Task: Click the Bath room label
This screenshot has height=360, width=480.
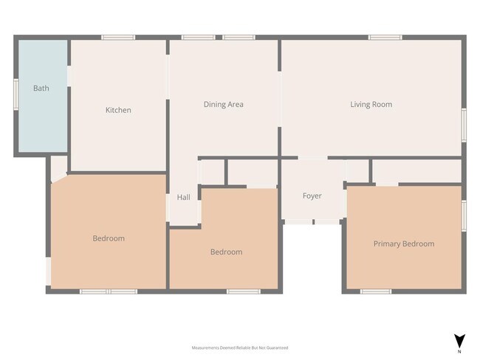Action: (x=41, y=89)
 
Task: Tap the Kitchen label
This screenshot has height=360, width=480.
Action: (x=118, y=110)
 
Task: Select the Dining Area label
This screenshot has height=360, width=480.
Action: (x=223, y=105)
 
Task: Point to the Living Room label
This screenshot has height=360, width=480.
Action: (x=371, y=105)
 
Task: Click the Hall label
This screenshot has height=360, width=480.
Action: (x=183, y=197)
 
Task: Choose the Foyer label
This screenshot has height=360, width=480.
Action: (x=312, y=196)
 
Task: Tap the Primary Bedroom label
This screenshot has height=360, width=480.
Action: (x=403, y=243)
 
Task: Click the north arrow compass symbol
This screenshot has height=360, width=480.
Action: (x=459, y=340)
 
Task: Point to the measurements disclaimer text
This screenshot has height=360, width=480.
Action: (x=239, y=347)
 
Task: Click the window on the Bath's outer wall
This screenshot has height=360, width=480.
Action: (x=16, y=94)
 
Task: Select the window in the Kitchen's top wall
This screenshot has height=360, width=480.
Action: (x=118, y=38)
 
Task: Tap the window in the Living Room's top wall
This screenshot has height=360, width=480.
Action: (x=385, y=38)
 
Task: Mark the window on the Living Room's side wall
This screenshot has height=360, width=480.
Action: (x=464, y=124)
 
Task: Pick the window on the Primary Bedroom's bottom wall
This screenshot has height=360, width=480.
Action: (x=376, y=291)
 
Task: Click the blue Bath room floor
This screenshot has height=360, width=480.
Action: (x=42, y=118)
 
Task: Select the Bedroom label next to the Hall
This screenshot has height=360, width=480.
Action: (x=226, y=252)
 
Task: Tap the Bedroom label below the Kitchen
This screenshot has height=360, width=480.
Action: (x=109, y=238)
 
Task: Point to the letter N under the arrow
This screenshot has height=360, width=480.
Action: (x=459, y=351)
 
